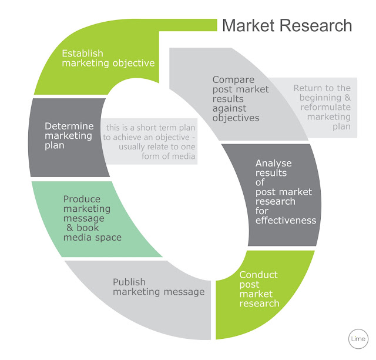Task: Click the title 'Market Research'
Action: [x=287, y=26]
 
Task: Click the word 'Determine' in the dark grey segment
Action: [x=69, y=126]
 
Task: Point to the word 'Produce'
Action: [x=82, y=199]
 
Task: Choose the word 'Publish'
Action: [x=129, y=282]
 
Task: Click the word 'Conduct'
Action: [x=258, y=275]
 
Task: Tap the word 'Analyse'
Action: [x=273, y=163]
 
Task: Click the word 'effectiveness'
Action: [x=286, y=221]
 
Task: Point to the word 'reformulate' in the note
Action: [x=325, y=107]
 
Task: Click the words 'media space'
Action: [x=92, y=237]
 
